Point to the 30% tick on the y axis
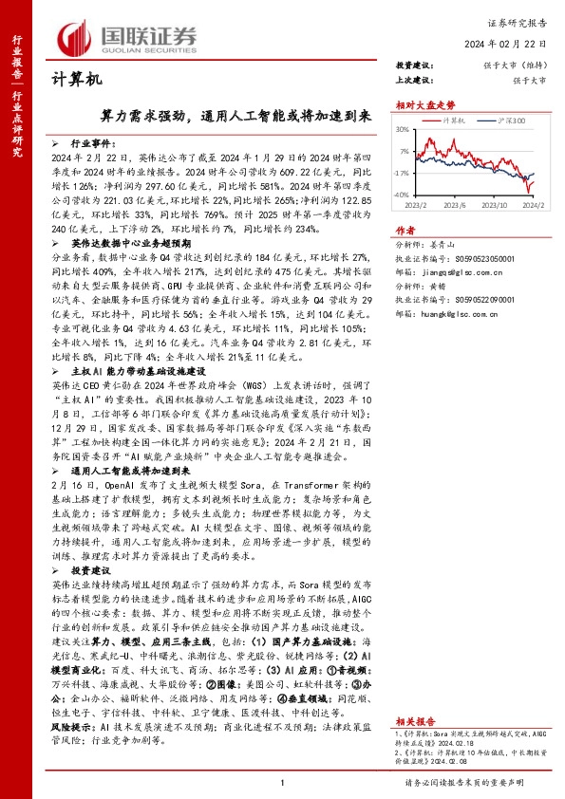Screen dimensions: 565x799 (405, 129)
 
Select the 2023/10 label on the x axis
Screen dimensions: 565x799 (485, 203)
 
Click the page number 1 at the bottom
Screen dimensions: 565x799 (283, 781)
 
